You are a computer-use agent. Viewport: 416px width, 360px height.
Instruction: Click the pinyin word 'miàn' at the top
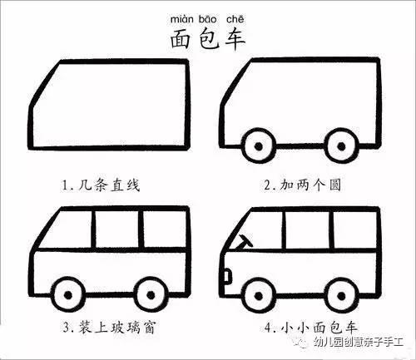(x=181, y=19)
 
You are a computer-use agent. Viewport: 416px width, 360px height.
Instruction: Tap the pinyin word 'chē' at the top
(x=235, y=19)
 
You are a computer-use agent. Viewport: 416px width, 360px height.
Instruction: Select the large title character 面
(x=180, y=39)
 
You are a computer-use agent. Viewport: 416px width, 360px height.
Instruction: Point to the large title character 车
(x=235, y=39)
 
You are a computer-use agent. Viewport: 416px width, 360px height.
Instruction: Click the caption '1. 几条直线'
(x=101, y=185)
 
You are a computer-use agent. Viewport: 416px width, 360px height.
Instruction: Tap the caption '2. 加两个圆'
(x=302, y=185)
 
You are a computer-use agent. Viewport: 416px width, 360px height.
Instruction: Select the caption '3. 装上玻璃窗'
(x=108, y=328)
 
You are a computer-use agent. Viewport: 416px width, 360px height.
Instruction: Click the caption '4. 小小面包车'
(x=311, y=328)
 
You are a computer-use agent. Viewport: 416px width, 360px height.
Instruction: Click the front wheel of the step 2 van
(x=259, y=146)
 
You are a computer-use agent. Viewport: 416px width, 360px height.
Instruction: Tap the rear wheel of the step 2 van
(x=342, y=145)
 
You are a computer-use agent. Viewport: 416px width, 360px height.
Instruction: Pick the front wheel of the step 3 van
(x=68, y=295)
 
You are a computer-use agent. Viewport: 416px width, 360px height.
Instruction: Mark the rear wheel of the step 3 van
(x=151, y=295)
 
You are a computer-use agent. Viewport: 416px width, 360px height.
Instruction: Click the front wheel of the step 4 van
(x=259, y=295)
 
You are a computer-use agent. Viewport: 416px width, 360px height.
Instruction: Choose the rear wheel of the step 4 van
(x=342, y=295)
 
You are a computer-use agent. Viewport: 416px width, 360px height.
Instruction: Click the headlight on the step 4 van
(x=227, y=276)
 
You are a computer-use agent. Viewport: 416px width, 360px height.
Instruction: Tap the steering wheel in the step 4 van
(x=245, y=242)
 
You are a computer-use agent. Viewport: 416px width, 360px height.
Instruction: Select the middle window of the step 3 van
(x=117, y=229)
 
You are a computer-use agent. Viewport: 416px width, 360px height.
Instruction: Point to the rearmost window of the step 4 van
(x=355, y=229)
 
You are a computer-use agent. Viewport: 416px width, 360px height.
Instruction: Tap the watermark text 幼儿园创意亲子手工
(x=359, y=342)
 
